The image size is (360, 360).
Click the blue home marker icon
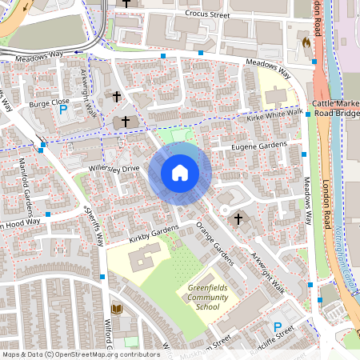pos(180,172)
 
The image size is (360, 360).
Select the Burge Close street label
pos(50,103)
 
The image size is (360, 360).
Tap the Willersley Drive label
pos(114,170)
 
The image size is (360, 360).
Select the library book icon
pos(117,309)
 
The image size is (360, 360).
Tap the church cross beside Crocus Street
pos(128,4)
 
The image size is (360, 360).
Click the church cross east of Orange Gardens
pos(238,218)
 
